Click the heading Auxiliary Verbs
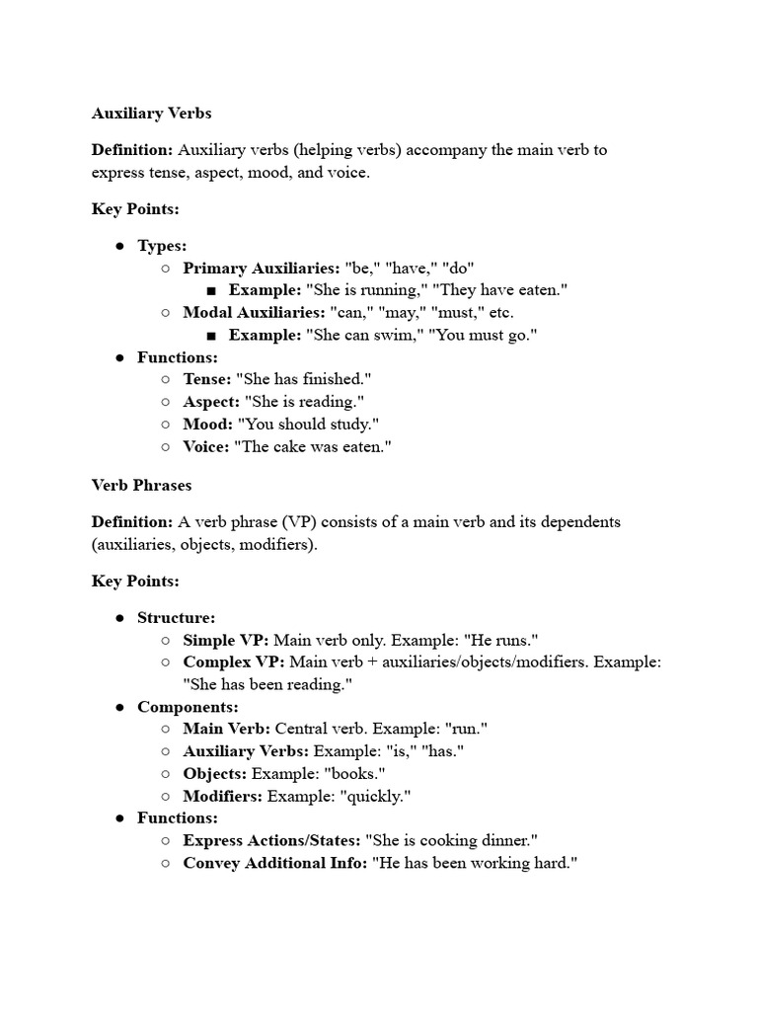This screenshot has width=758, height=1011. pos(151,114)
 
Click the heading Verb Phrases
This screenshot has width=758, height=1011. pos(141,485)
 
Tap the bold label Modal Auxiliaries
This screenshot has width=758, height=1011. pos(251,312)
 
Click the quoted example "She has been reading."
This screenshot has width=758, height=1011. pos(267,684)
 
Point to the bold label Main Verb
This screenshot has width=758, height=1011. pos(226,729)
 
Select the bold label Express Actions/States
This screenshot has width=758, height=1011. pos(271,840)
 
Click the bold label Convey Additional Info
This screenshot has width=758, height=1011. pos(274,863)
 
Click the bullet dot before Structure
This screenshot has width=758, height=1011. pos(119,618)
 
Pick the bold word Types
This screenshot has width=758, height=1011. pos(162,246)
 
